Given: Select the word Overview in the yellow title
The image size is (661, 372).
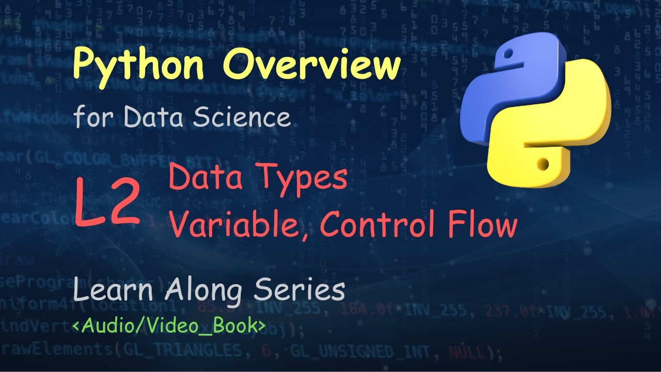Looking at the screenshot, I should (313, 64).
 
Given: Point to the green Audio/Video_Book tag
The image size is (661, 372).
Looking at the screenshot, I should (169, 326).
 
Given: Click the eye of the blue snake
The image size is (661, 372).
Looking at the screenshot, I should (508, 53).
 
